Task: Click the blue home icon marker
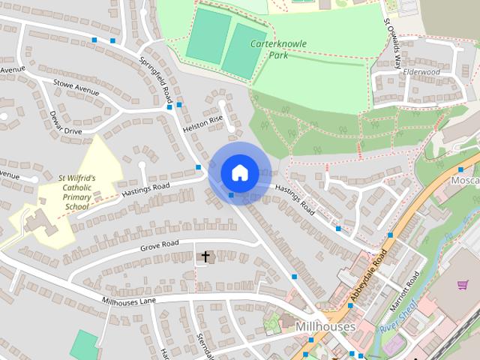click(239, 172)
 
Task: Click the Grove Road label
click(159, 246)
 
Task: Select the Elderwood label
click(421, 72)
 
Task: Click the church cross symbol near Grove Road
click(205, 257)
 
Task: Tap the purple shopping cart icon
click(463, 285)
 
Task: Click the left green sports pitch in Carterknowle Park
click(208, 36)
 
